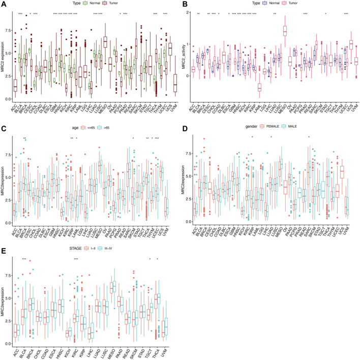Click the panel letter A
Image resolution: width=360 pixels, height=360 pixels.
tap(4, 4)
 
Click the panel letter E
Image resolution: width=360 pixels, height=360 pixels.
tap(4, 247)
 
